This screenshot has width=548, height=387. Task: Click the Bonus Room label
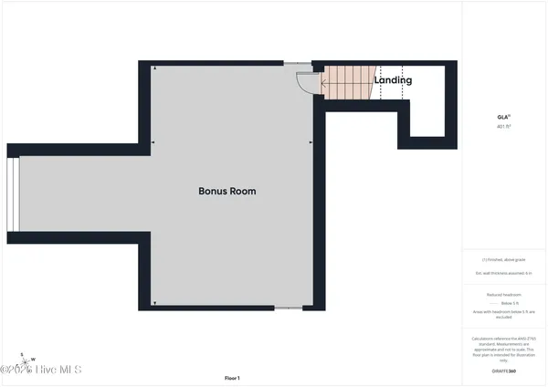[227, 192]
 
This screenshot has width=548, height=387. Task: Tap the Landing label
[393, 80]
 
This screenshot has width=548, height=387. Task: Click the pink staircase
[348, 83]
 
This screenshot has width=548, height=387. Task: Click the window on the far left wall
[13, 196]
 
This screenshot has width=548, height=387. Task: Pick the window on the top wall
[297, 63]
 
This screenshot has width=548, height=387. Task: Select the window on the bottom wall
[288, 308]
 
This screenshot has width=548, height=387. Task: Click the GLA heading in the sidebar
[502, 118]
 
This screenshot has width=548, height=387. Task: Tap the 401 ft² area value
[502, 127]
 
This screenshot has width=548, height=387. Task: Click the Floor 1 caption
[232, 377]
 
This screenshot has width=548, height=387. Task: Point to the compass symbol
[27, 358]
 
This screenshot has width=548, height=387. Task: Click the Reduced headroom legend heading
[503, 295]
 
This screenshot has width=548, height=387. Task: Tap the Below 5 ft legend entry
[505, 304]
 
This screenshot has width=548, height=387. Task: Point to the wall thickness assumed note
[503, 272]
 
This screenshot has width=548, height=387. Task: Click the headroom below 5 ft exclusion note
[503, 315]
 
